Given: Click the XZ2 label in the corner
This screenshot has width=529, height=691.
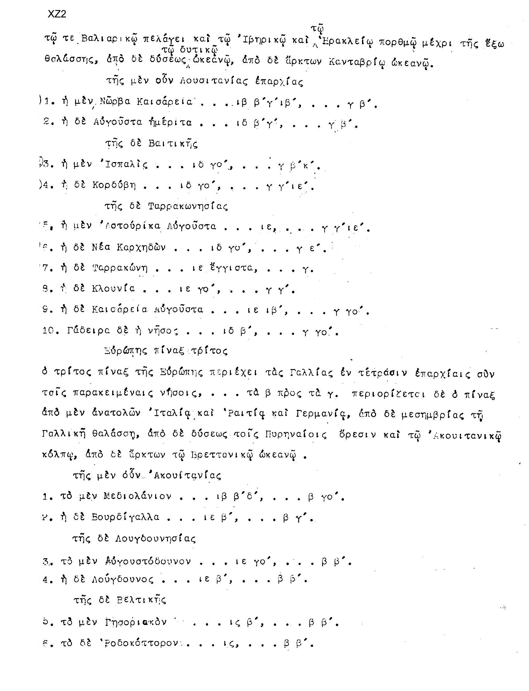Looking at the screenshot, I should click(x=57, y=14).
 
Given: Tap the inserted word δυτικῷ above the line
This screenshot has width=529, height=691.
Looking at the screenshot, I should click(x=199, y=50).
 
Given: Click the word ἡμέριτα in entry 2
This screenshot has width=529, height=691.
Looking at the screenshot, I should click(x=170, y=122).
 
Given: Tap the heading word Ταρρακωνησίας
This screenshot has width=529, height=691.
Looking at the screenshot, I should click(x=188, y=206).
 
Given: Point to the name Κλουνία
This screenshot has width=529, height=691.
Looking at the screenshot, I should click(x=113, y=289).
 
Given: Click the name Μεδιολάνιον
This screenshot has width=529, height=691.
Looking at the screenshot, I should click(x=138, y=497).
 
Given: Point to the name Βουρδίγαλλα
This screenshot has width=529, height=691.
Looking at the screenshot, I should click(x=126, y=517).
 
